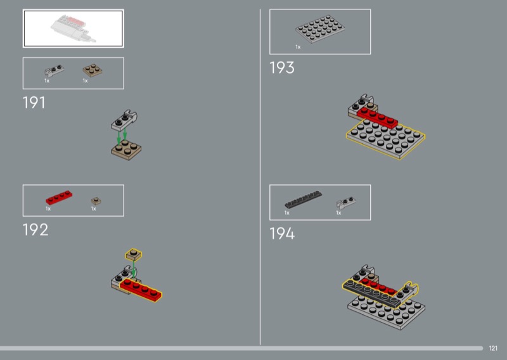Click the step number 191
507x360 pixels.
(34, 103)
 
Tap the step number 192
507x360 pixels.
(35, 230)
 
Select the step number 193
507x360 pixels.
(282, 68)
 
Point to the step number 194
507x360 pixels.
(282, 233)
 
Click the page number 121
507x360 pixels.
(493, 348)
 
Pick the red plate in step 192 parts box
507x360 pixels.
(59, 197)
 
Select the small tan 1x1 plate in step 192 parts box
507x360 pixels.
(96, 201)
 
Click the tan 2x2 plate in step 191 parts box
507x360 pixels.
(93, 70)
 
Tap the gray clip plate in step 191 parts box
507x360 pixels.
(54, 70)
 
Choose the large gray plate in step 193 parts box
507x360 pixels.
(320, 29)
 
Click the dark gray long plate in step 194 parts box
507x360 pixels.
(304, 199)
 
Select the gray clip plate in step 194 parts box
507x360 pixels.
(346, 202)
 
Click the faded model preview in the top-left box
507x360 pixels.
(74, 29)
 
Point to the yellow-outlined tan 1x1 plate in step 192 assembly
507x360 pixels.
(134, 255)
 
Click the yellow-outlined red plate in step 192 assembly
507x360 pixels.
(141, 290)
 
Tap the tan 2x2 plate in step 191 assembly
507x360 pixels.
(126, 150)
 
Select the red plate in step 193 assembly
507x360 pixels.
(377, 119)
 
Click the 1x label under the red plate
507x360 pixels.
(48, 209)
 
